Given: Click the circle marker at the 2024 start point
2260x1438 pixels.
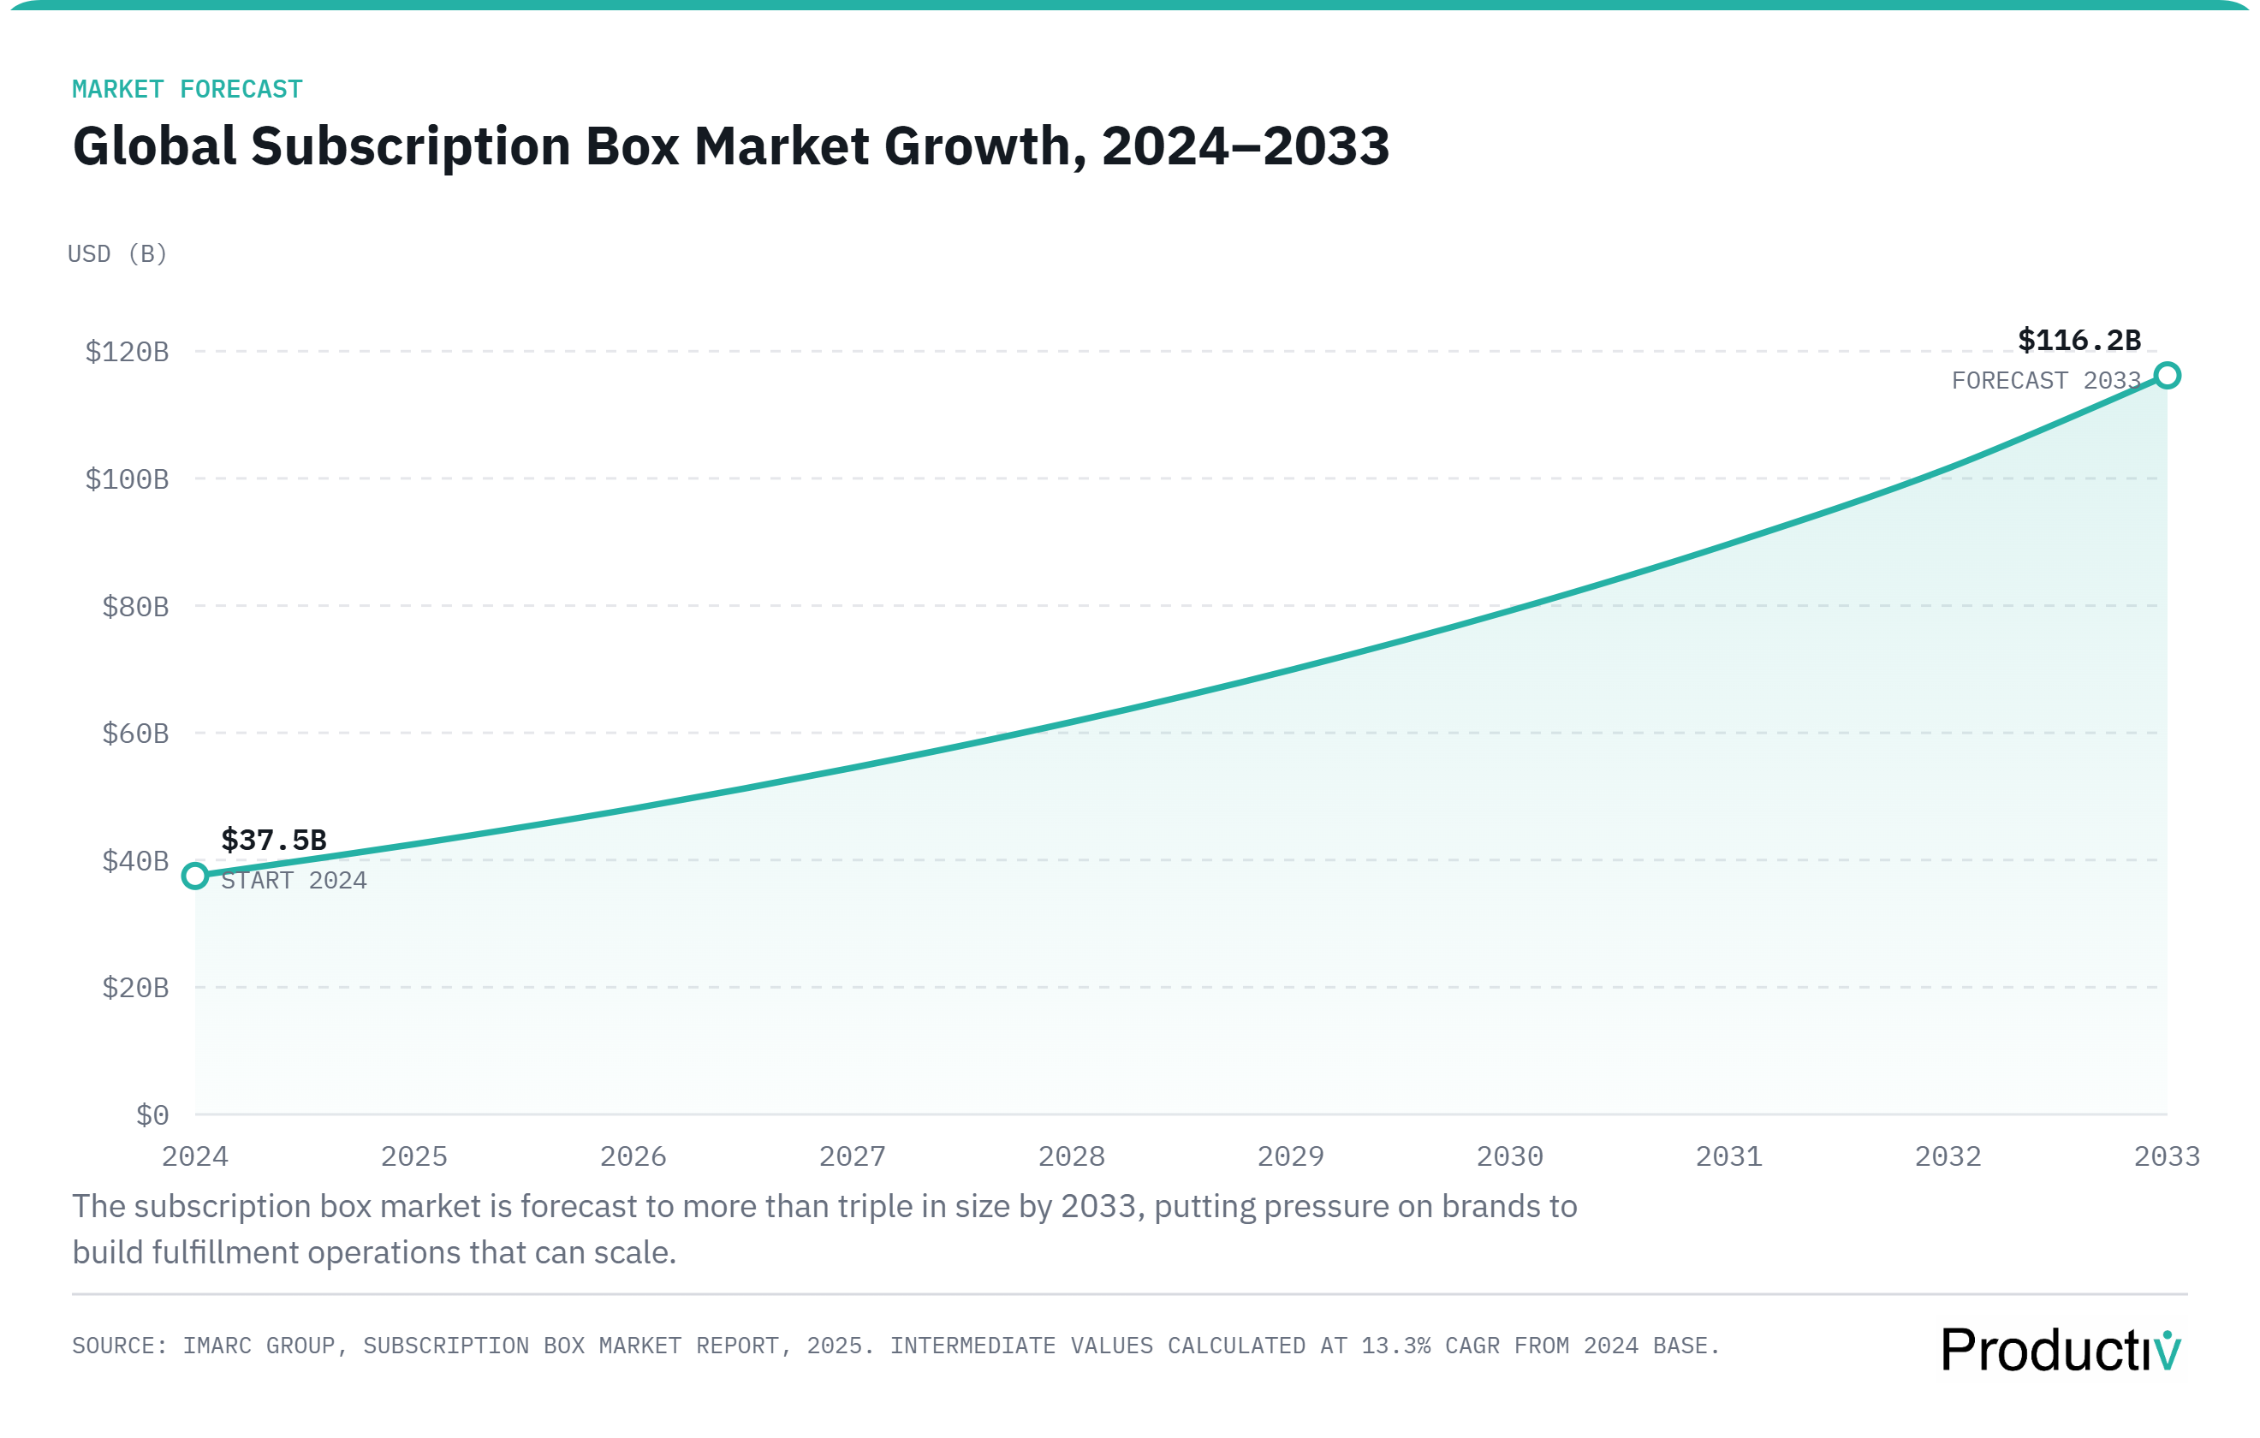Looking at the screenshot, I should (195, 876).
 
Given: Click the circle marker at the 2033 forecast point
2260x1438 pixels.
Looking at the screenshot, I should (2166, 376).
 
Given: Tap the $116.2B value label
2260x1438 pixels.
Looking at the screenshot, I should (2079, 340).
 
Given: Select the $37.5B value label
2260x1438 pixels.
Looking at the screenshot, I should (273, 839).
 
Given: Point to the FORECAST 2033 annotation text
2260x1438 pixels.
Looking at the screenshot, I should (2045, 380).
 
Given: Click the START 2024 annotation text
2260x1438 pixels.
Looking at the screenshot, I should (294, 881).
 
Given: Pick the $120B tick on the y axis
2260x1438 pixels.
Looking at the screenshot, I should (127, 352).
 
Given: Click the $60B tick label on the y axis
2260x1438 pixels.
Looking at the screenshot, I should (135, 733).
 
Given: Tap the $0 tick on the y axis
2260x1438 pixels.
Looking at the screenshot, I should (152, 1115).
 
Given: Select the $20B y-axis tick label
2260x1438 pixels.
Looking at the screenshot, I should (135, 988).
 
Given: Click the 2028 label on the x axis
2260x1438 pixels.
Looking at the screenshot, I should (1071, 1156).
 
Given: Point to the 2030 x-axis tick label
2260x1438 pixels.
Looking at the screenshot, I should (1509, 1156).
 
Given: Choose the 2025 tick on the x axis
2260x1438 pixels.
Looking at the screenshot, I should (413, 1156).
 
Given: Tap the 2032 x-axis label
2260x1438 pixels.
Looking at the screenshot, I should (1948, 1156).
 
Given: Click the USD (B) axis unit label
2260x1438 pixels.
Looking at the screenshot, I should (117, 253).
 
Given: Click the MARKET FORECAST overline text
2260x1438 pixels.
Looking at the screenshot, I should (187, 89).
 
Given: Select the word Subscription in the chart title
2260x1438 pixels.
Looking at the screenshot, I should (410, 147).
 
